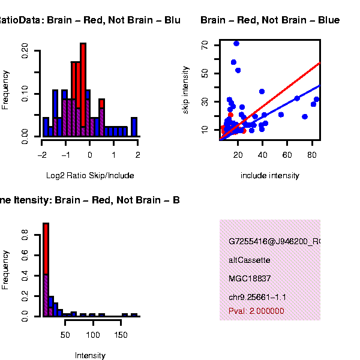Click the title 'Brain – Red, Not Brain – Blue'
pyautogui.click(x=270, y=20)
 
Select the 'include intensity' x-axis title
pyautogui.click(x=269, y=176)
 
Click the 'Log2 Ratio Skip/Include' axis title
pyautogui.click(x=90, y=176)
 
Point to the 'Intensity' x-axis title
pyautogui.click(x=90, y=355)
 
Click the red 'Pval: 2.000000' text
pyautogui.click(x=256, y=311)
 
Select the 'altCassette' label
pyautogui.click(x=249, y=260)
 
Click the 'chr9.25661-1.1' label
pyautogui.click(x=257, y=297)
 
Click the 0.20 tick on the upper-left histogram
pyautogui.click(x=25, y=50)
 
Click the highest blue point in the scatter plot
pyautogui.click(x=236, y=43)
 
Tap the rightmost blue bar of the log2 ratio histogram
pyautogui.click(x=134, y=127)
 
